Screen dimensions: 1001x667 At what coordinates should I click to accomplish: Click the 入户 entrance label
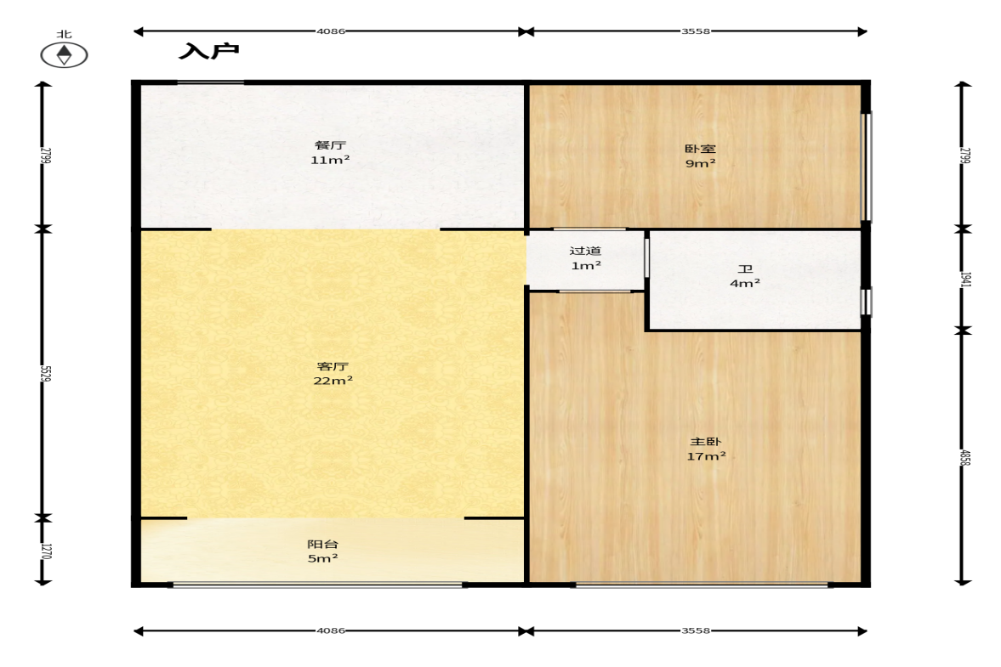tap(208, 51)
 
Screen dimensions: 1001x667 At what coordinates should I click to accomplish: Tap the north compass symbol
tap(64, 55)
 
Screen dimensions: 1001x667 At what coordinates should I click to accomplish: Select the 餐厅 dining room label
tap(330, 145)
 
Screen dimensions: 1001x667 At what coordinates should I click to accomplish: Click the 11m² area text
tap(330, 160)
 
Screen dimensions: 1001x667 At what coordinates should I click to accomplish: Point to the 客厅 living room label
tap(333, 367)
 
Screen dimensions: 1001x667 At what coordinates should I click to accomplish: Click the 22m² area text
tap(333, 381)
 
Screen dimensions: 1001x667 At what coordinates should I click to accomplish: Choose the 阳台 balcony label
tap(323, 544)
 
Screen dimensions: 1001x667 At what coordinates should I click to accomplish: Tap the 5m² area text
tap(323, 558)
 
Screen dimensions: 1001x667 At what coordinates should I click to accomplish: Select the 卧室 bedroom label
tap(700, 149)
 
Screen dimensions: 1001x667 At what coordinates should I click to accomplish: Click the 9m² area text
tap(700, 163)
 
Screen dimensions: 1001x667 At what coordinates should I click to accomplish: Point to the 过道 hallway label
tap(585, 251)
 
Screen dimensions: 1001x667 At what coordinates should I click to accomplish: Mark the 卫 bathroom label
tap(745, 268)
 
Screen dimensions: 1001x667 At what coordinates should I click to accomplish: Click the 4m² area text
tap(745, 282)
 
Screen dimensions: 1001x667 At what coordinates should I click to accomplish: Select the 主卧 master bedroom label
tap(705, 441)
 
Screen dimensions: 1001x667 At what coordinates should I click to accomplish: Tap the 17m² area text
tap(706, 456)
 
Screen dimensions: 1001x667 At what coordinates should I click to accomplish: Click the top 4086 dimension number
tap(331, 31)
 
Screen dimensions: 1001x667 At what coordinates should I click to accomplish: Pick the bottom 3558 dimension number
tap(695, 630)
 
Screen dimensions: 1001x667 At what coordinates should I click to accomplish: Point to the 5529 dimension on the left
tap(45, 373)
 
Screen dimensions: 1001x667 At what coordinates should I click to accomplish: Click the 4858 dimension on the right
tap(965, 457)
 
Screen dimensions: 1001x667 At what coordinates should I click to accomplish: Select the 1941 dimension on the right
tap(965, 280)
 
